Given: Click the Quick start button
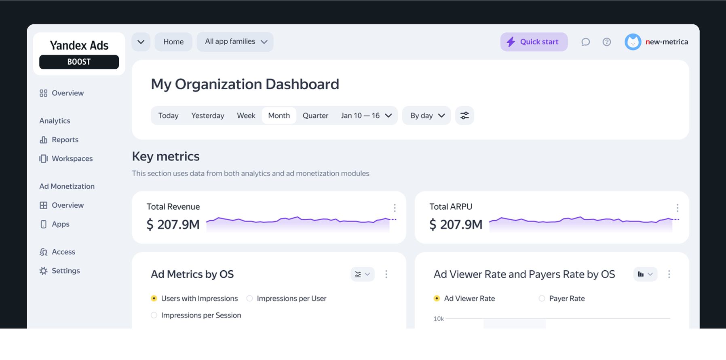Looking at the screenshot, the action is pyautogui.click(x=534, y=42).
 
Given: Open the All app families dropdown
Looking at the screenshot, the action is pyautogui.click(x=235, y=42).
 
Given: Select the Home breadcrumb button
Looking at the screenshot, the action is pyautogui.click(x=173, y=42).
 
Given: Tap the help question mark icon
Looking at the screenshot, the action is pyautogui.click(x=606, y=42).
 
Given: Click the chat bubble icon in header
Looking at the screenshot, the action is pyautogui.click(x=585, y=42).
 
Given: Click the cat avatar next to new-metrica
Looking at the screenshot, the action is pyautogui.click(x=633, y=42).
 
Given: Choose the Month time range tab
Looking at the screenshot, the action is pyautogui.click(x=279, y=116).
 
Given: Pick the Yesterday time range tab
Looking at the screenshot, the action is pyautogui.click(x=208, y=116).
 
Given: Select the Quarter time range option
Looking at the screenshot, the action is pyautogui.click(x=315, y=116).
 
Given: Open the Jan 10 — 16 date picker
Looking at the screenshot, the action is pyautogui.click(x=366, y=116).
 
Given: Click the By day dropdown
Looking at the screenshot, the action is pyautogui.click(x=426, y=116).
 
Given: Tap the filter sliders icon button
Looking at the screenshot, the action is pyautogui.click(x=464, y=116).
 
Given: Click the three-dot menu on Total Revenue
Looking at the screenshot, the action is pyautogui.click(x=395, y=208).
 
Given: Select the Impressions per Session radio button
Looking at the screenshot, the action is pyautogui.click(x=154, y=315).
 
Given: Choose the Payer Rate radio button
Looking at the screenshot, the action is pyautogui.click(x=542, y=299).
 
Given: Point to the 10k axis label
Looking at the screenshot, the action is pyautogui.click(x=439, y=319).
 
